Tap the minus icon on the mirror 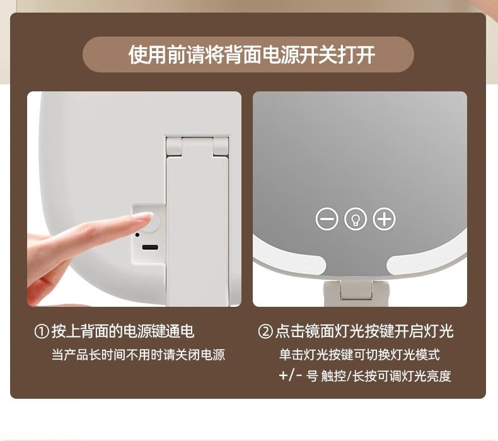coord(327,219)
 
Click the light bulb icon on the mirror coord(356,219)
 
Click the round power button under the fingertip coord(153,222)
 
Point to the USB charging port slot coord(150,248)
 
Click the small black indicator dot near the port coord(137,235)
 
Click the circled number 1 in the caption coord(42,331)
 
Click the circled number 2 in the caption coord(265,331)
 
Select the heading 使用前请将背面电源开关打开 coord(252,55)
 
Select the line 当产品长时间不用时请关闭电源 coord(139,355)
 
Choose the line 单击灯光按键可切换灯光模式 coord(359,355)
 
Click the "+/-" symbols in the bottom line coord(291,376)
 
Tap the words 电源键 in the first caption coord(144,331)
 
